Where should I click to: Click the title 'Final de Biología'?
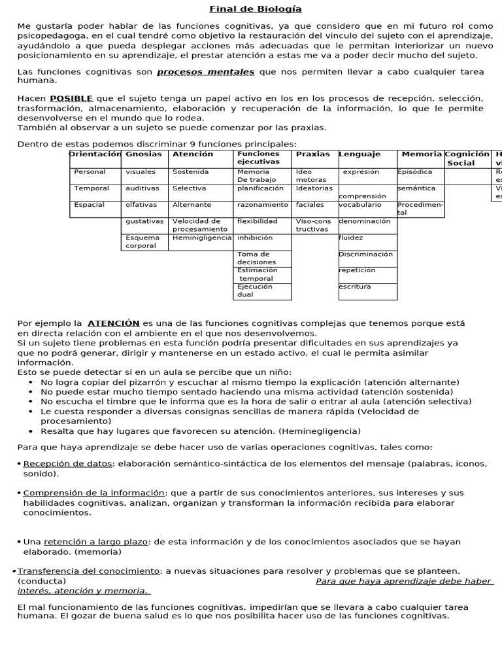click(x=246, y=9)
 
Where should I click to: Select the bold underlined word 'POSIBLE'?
click(x=71, y=97)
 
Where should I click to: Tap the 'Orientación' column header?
click(x=95, y=154)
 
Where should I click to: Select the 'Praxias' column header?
click(x=313, y=154)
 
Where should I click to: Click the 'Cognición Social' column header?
click(x=467, y=158)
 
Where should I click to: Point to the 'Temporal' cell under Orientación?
click(x=92, y=188)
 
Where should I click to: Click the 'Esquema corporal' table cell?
click(x=142, y=241)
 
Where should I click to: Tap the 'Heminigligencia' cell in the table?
click(x=201, y=238)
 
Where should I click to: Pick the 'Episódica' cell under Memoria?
click(x=415, y=172)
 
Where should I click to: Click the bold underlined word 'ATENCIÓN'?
click(x=114, y=323)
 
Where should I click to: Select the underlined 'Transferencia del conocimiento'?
click(x=88, y=571)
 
